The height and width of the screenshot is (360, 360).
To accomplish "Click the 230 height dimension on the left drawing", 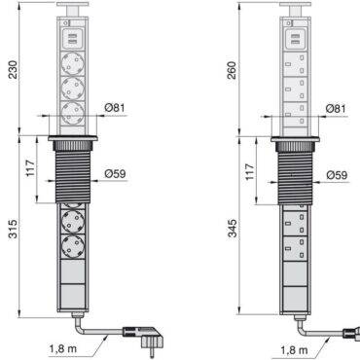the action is pyautogui.click(x=14, y=70).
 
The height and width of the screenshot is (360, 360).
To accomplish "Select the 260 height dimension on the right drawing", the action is pyautogui.click(x=233, y=71).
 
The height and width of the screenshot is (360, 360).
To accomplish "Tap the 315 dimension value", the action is pyautogui.click(x=13, y=229).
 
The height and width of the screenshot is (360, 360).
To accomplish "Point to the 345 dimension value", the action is pyautogui.click(x=233, y=229).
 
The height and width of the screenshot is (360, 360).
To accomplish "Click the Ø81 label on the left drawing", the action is pyautogui.click(x=115, y=107).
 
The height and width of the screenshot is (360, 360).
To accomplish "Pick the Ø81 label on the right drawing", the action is pyautogui.click(x=336, y=108).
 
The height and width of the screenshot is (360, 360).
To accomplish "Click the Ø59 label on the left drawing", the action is pyautogui.click(x=115, y=174).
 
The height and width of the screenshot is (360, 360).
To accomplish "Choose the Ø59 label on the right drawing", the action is pyautogui.click(x=337, y=175).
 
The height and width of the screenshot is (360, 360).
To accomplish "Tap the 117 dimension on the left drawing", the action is pyautogui.click(x=30, y=168).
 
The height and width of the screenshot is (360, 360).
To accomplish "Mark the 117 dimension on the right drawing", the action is pyautogui.click(x=250, y=172).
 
